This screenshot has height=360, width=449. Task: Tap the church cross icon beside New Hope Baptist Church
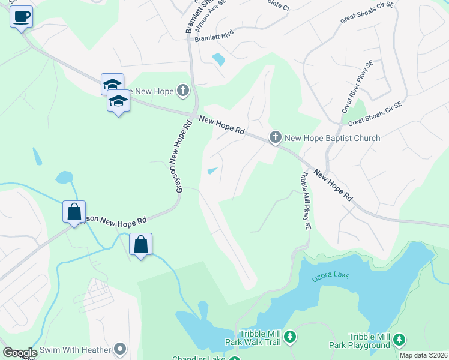275,138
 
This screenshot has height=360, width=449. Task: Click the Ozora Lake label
330,275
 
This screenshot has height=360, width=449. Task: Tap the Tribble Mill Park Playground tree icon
399,341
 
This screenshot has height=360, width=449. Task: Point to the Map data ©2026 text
423,355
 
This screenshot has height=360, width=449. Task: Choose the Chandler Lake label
199,358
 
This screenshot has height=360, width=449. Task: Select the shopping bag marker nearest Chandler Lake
140,245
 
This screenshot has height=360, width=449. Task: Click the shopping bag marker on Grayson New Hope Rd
74,212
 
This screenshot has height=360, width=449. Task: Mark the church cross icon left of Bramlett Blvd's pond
183,91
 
